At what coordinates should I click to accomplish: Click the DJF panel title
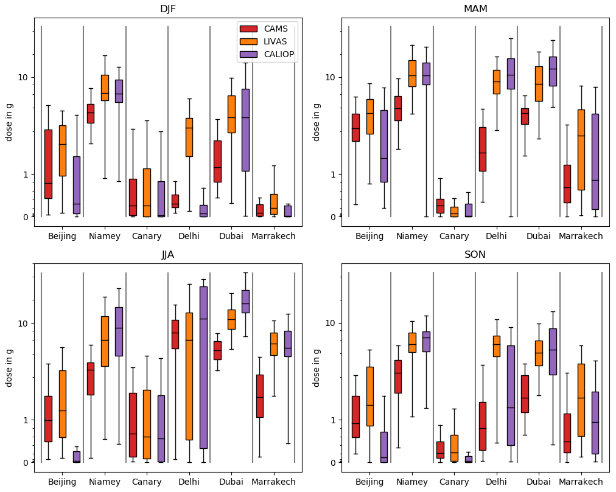pyautogui.click(x=168, y=9)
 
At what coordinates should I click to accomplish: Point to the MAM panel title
pyautogui.click(x=475, y=9)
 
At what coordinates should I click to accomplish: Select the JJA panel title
pyautogui.click(x=168, y=255)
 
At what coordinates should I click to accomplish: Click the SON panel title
pyautogui.click(x=475, y=255)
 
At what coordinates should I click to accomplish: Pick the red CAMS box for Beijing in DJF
pyautogui.click(x=48, y=164)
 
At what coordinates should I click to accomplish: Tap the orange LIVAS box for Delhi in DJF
pyautogui.click(x=189, y=137)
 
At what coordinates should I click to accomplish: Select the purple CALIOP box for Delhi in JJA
pyautogui.click(x=203, y=367)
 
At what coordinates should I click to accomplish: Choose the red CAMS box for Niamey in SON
pyautogui.click(x=397, y=376)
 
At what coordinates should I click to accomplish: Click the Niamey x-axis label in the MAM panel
pyautogui.click(x=412, y=236)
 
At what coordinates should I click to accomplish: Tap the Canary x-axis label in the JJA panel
pyautogui.click(x=147, y=482)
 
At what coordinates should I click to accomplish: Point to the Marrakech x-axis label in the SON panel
pyautogui.click(x=581, y=482)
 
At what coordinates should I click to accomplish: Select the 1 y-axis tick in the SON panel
pyautogui.click(x=333, y=420)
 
